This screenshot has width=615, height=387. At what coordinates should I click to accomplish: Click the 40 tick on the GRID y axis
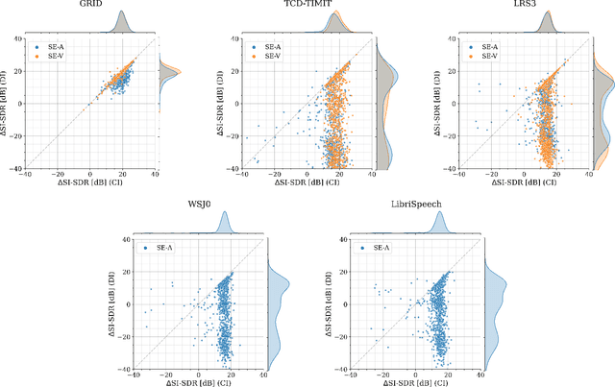[16, 37]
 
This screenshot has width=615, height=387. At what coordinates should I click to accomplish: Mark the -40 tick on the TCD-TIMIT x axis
[236, 174]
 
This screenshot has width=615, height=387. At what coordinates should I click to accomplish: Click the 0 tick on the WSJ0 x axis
[198, 375]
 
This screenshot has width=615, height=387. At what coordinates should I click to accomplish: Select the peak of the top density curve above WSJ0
[227, 216]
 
